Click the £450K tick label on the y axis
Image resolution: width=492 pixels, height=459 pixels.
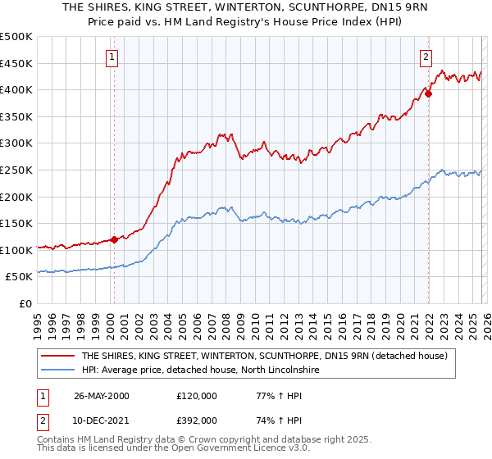pos(16,63)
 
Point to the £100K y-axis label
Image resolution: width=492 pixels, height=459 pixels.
pos(16,250)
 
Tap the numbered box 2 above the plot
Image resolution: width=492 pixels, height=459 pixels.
pos(426,57)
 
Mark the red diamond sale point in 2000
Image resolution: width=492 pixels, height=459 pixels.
pos(114,239)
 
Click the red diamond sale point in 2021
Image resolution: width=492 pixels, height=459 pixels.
pos(428,93)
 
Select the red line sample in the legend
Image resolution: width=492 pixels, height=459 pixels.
pos(58,357)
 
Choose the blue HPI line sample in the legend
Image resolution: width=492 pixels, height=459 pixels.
pos(58,370)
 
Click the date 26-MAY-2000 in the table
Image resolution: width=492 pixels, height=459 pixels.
pos(102,396)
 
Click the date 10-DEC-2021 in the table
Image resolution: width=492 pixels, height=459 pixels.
pos(102,420)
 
